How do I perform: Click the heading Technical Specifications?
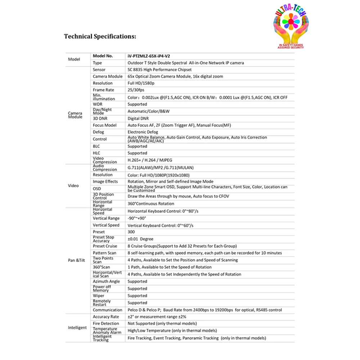coord(100,36)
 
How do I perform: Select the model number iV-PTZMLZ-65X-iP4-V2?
coord(149,56)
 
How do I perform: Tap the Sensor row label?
coord(99,69)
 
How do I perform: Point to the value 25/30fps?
coord(136,90)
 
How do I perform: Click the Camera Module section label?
coord(75,115)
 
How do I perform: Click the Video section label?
coord(73,186)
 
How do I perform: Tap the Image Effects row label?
coord(105,182)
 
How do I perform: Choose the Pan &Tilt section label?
coord(76,260)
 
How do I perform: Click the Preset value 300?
coord(131,232)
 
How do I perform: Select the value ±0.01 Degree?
coord(140,239)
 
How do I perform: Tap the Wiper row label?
coord(98,296)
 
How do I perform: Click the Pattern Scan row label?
coord(104,253)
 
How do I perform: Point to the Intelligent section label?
coord(77,328)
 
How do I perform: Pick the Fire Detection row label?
coord(106,324)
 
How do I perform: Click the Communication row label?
coord(107,310)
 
